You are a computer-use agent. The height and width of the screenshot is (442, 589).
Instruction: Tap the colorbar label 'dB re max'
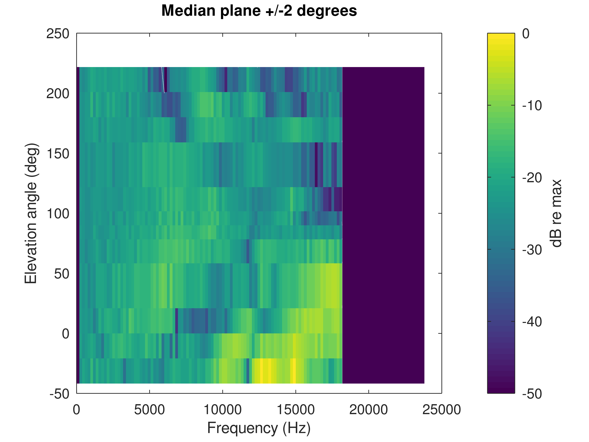556,213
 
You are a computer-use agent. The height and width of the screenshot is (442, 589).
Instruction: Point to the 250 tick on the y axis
58,34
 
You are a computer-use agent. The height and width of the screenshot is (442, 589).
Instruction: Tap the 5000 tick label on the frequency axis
149,410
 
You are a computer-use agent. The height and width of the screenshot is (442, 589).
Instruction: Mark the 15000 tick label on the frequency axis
296,410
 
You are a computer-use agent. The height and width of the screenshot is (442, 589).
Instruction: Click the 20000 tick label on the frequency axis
369,410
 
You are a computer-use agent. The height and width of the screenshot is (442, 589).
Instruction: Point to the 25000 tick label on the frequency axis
441,410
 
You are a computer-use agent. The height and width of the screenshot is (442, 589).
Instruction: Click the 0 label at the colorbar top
526,34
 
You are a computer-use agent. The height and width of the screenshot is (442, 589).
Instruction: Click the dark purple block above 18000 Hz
383,225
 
